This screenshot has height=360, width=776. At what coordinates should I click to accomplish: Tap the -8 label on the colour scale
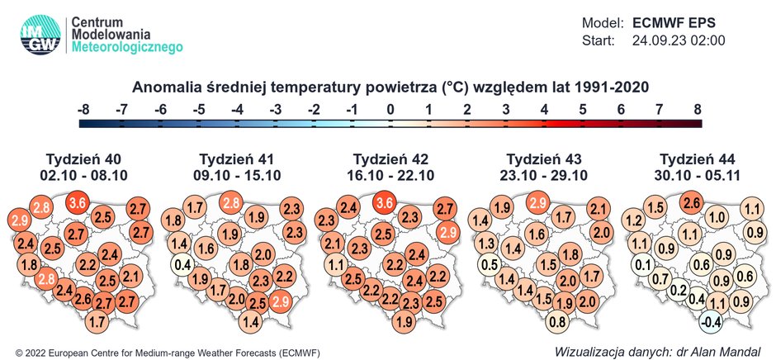83,108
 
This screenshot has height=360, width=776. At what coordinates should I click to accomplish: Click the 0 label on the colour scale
390,108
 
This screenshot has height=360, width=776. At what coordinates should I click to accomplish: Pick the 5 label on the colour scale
583,108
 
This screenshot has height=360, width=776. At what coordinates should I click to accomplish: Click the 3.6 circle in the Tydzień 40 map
78,203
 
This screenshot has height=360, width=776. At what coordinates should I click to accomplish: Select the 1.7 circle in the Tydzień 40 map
97,320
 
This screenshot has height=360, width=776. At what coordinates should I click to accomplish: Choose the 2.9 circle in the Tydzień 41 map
281,301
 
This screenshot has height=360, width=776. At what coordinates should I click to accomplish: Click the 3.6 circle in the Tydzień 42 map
386,203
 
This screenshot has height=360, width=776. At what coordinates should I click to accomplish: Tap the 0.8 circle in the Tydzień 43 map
558,320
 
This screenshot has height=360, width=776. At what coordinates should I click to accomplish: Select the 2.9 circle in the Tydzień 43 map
539,203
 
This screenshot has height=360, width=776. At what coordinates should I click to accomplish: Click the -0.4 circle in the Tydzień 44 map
712,320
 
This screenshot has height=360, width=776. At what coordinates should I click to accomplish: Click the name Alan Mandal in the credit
726,351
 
